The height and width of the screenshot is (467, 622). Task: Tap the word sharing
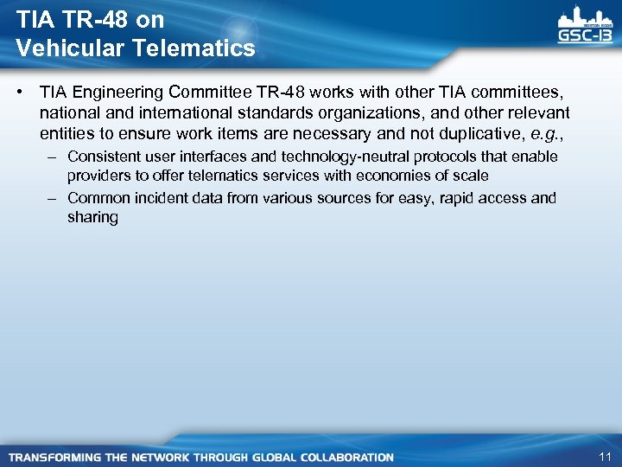tap(92, 217)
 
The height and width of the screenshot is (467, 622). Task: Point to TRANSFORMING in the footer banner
tap(54, 457)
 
